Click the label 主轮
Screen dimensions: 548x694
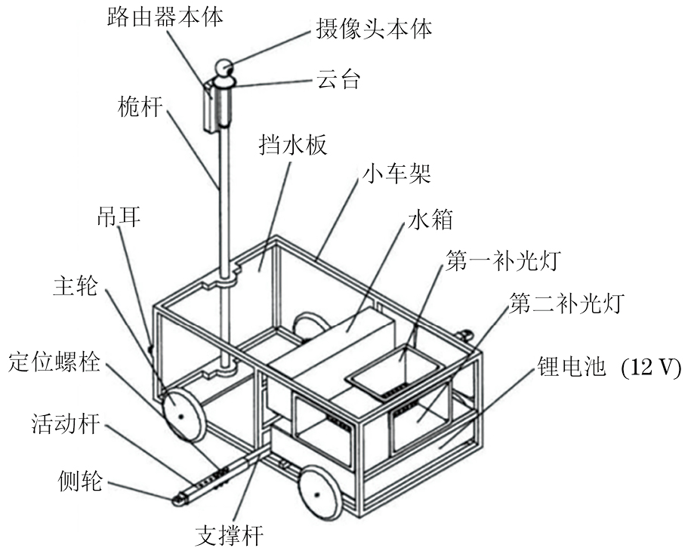pos(75,288)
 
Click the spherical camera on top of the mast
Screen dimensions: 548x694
pos(225,70)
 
